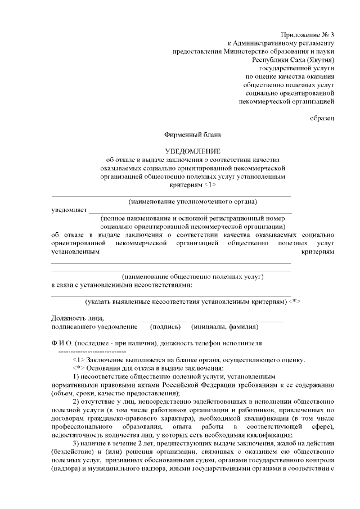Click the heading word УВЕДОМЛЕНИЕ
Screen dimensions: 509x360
[x=192, y=151]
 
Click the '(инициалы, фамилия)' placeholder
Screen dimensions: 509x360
[x=224, y=326]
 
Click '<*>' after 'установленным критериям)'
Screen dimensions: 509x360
[x=294, y=302]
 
